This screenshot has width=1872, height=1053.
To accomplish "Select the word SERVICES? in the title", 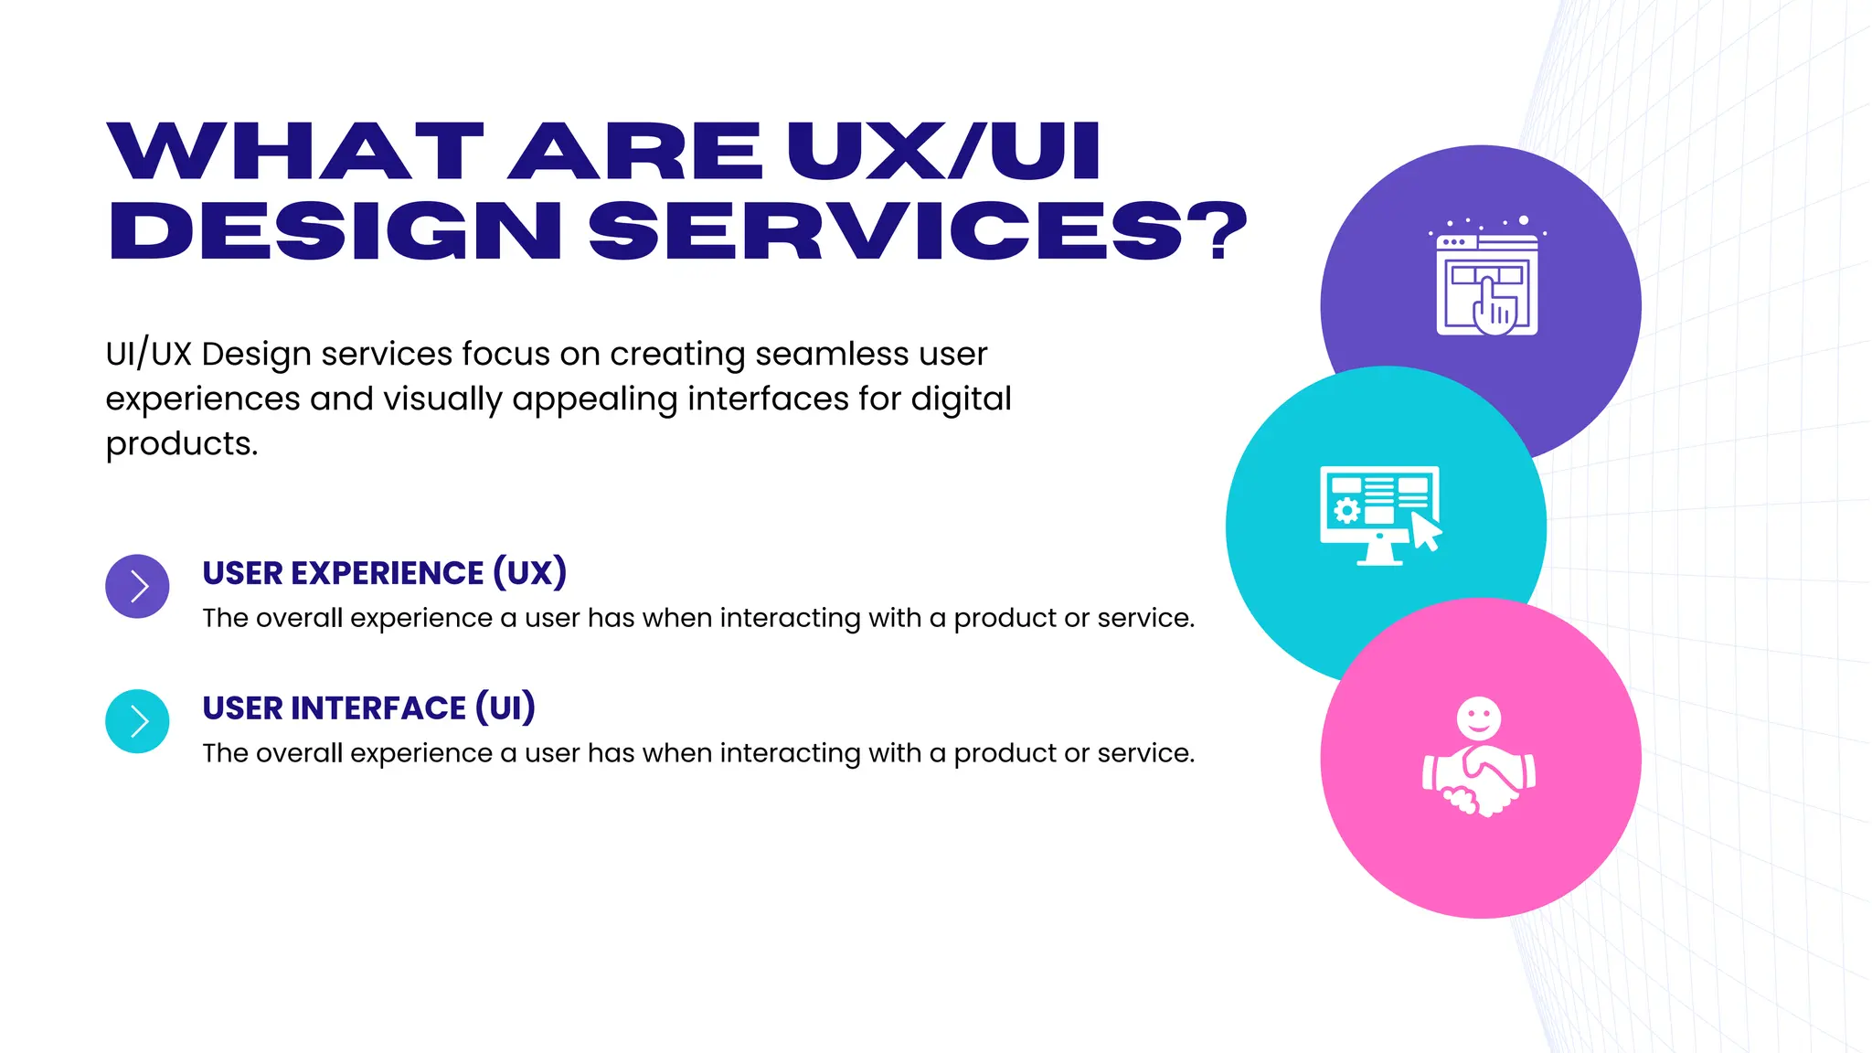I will (x=918, y=230).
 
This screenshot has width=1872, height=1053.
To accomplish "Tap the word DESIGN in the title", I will (x=335, y=230).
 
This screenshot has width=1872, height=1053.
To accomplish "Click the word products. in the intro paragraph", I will (x=182, y=443).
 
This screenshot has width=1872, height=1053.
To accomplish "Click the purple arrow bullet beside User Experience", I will (x=137, y=586).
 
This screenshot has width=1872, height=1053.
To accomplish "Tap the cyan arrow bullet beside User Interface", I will (x=137, y=721).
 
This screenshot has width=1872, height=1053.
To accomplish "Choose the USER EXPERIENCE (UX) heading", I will (x=384, y=573).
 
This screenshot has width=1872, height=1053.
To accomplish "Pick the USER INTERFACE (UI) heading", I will (x=368, y=708).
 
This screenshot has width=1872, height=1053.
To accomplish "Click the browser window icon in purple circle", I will (x=1486, y=283).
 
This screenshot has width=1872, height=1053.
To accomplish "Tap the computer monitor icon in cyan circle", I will (x=1379, y=515).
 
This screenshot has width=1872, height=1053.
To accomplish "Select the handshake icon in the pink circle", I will (x=1479, y=779).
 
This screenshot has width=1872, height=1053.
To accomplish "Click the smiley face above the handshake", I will (x=1479, y=718).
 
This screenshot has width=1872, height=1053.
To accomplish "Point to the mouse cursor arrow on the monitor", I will (x=1425, y=531).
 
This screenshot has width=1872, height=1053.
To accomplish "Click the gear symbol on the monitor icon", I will (x=1346, y=510).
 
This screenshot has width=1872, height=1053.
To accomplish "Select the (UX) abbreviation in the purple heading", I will (x=529, y=573).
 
